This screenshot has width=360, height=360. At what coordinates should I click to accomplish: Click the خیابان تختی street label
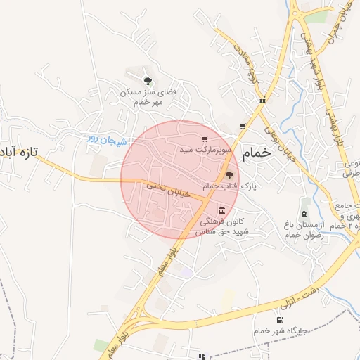169,190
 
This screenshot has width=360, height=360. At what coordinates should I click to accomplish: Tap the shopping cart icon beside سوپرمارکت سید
205,139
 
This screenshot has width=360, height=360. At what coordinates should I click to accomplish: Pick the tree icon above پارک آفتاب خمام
229,176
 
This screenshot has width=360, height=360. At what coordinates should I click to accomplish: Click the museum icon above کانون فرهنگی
222,211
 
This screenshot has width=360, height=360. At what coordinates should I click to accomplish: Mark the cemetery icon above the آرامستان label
304,212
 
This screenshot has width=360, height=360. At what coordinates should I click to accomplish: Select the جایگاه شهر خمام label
281,330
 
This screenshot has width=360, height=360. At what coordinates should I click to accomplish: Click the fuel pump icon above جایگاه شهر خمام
281,320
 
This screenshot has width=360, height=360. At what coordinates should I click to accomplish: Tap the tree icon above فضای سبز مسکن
147,81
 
